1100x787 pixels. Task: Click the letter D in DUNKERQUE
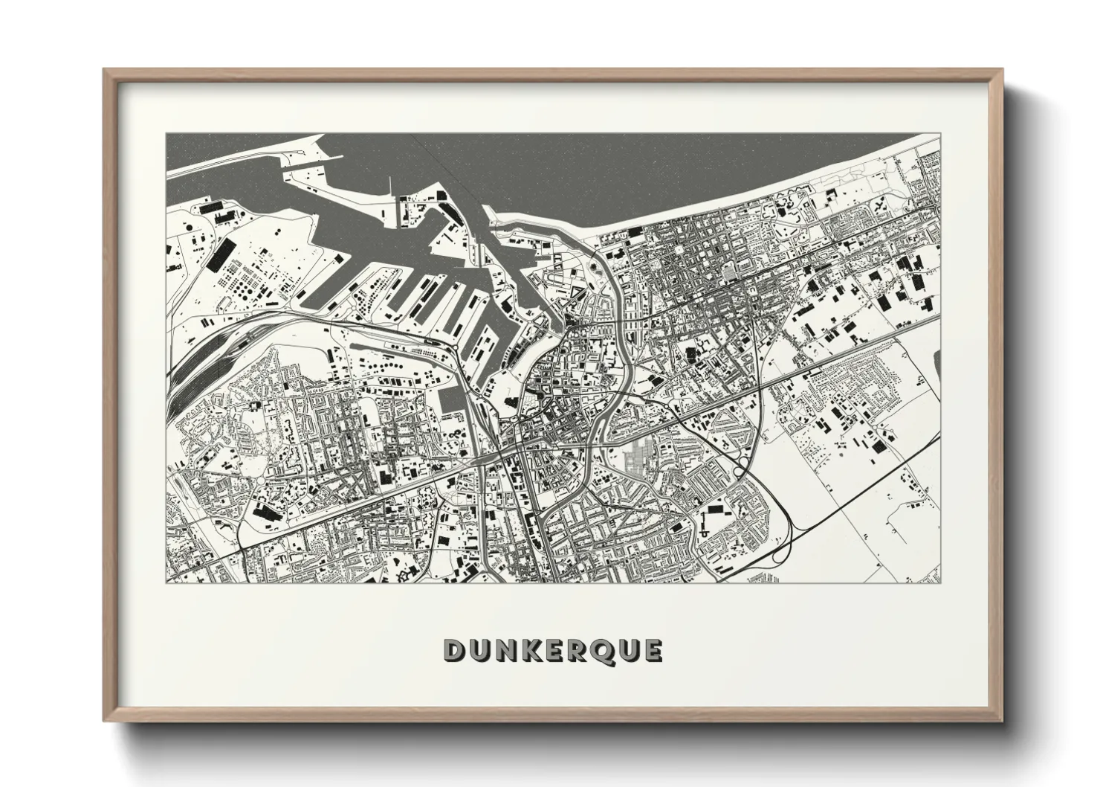454,651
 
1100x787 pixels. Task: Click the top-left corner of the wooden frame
105,70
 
